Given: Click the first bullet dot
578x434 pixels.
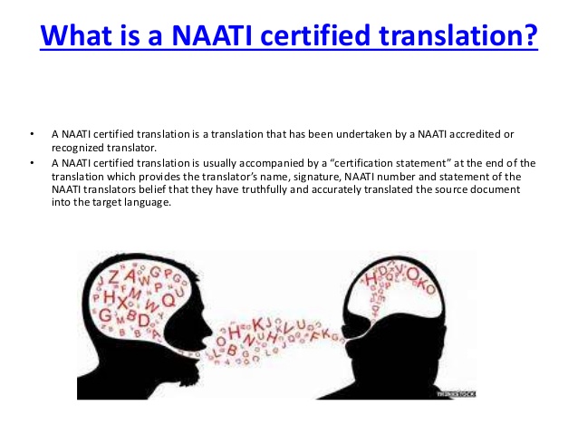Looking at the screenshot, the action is click(32, 134).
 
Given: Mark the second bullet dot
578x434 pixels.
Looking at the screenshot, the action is click(32, 163).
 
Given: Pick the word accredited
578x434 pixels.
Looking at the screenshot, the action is click(477, 134).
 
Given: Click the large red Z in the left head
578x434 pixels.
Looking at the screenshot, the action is click(114, 277).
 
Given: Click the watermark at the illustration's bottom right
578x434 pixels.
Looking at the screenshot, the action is click(456, 394).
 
